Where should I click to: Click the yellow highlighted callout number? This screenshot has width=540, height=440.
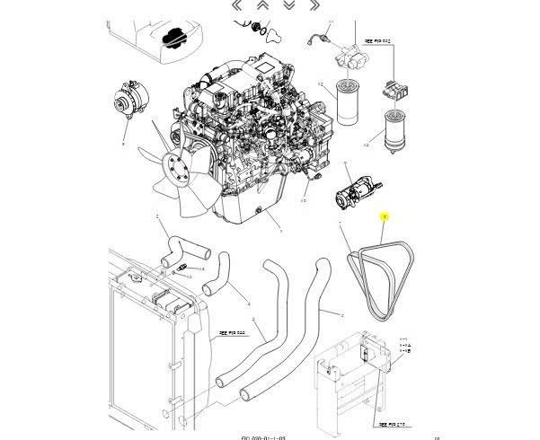(x=385, y=217)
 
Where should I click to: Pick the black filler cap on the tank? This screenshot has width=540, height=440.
(x=173, y=37)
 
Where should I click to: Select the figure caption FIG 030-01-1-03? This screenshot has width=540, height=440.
(x=264, y=435)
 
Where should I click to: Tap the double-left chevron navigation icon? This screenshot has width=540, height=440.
(x=237, y=4)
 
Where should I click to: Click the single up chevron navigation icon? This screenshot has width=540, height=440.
(x=262, y=4)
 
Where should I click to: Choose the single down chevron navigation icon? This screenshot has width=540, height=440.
(x=289, y=4)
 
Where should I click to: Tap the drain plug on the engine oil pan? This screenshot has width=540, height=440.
(x=259, y=212)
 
